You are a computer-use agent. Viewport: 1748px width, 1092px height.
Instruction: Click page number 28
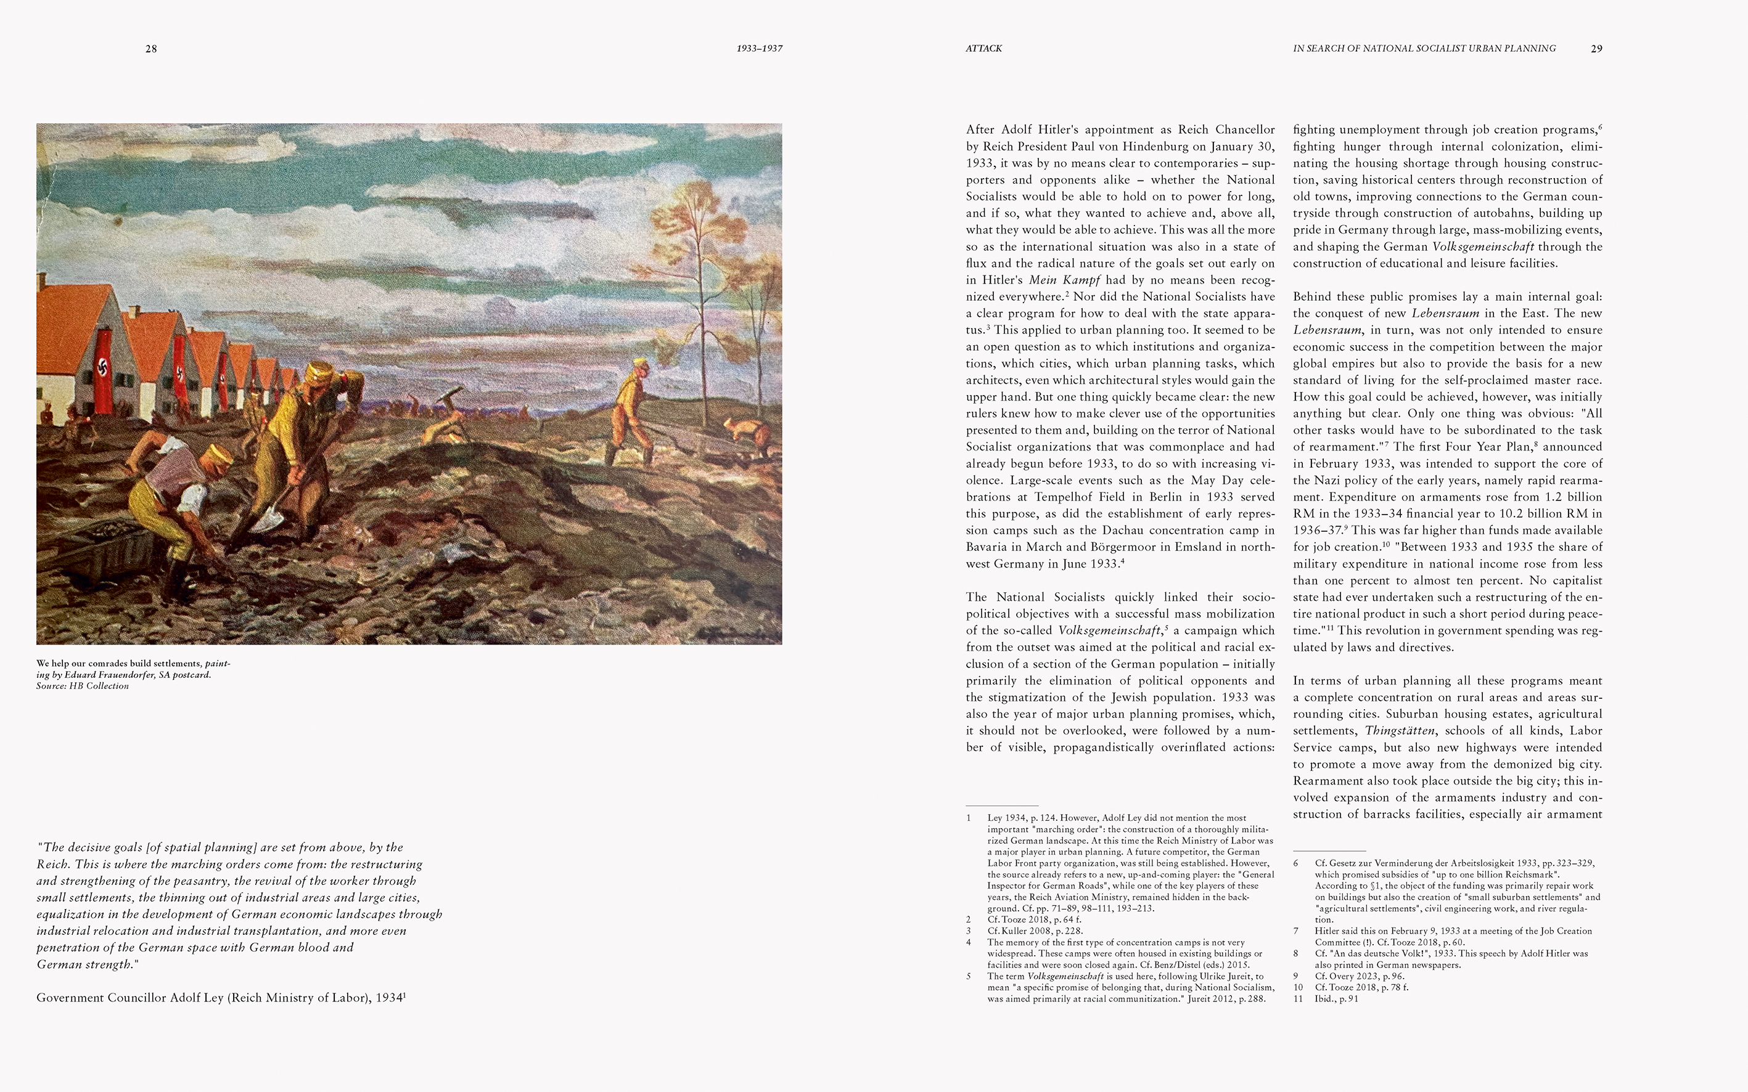pyautogui.click(x=151, y=49)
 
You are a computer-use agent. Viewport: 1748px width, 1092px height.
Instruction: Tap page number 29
pyautogui.click(x=1596, y=49)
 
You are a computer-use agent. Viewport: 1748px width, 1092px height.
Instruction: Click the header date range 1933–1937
pyautogui.click(x=760, y=49)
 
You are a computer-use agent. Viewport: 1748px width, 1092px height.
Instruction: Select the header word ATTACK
pyautogui.click(x=983, y=49)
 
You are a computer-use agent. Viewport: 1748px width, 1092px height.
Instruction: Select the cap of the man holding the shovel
pyautogui.click(x=319, y=373)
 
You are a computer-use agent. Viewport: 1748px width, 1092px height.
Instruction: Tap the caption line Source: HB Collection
pyautogui.click(x=83, y=686)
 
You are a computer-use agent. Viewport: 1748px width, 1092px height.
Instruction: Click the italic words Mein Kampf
pyautogui.click(x=1064, y=280)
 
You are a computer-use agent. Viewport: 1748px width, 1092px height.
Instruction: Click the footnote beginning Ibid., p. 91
pyautogui.click(x=1336, y=999)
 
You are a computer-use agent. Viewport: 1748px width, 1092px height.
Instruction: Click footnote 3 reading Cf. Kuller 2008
pyautogui.click(x=1035, y=931)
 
